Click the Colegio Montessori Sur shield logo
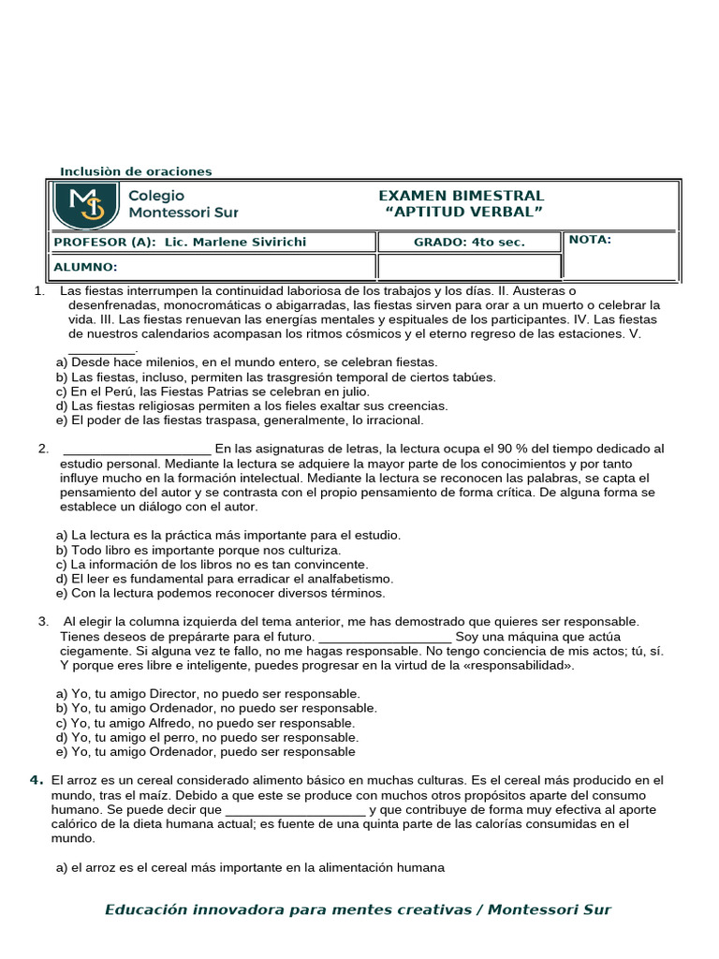[x=86, y=205]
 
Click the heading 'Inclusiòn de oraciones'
[x=136, y=171]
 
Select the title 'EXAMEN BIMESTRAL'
[x=461, y=196]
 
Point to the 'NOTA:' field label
[x=590, y=240]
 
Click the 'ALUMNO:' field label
[x=86, y=267]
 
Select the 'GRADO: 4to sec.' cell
[x=469, y=242]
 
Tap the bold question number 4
[x=36, y=779]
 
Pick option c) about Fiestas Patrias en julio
[x=213, y=391]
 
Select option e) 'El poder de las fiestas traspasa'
[x=240, y=420]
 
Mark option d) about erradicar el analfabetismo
[x=225, y=579]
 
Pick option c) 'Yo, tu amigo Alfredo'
[x=205, y=723]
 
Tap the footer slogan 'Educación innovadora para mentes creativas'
[x=292, y=910]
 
